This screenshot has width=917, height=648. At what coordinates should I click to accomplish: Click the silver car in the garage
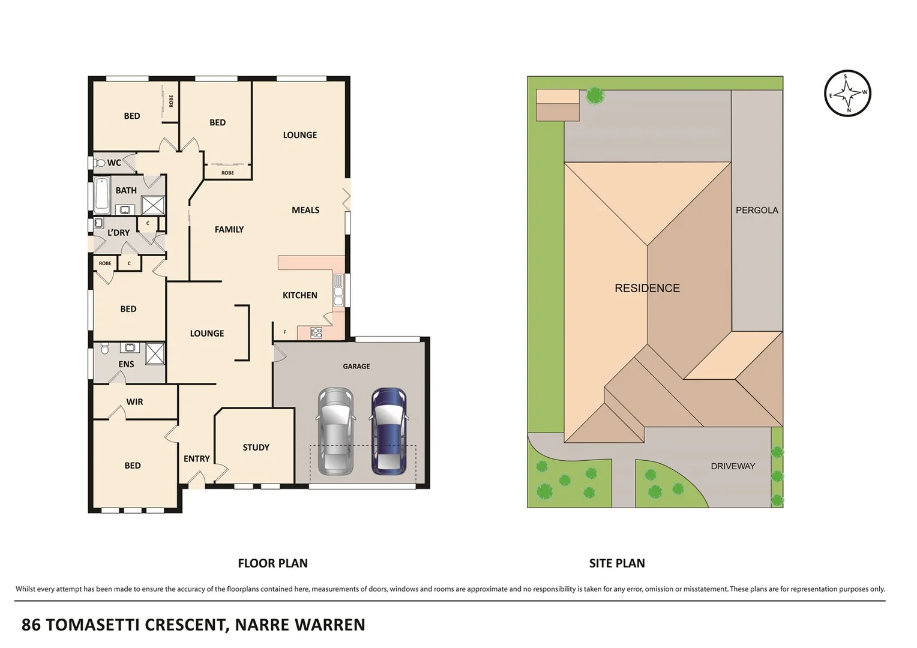click(x=335, y=431)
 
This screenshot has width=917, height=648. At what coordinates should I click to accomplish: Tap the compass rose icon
click(x=847, y=94)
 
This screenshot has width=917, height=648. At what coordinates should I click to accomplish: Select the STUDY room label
click(x=256, y=448)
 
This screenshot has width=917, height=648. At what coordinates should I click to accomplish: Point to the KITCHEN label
click(x=299, y=295)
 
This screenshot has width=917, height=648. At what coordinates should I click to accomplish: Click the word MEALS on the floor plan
click(x=305, y=210)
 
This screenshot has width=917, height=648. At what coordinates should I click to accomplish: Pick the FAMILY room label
click(x=229, y=229)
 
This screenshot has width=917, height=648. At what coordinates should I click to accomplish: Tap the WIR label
click(x=134, y=402)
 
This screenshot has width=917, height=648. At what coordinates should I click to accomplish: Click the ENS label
click(x=126, y=364)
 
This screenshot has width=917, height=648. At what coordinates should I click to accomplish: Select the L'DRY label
click(x=118, y=233)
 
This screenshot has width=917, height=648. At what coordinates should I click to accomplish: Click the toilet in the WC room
click(x=100, y=163)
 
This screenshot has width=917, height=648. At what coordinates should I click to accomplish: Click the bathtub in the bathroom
click(x=101, y=194)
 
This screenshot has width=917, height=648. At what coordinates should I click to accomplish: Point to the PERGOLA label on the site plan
click(x=756, y=210)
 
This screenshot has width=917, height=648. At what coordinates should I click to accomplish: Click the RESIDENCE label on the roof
click(x=647, y=289)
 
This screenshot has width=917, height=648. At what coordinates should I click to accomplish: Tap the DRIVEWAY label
click(x=732, y=466)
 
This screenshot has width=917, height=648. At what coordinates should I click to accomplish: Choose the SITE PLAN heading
click(x=616, y=563)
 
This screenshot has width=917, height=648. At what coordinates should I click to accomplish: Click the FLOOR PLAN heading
click(x=272, y=563)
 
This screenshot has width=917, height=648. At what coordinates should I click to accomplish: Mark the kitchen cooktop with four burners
click(x=316, y=333)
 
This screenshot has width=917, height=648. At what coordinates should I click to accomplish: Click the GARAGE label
click(x=356, y=367)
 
